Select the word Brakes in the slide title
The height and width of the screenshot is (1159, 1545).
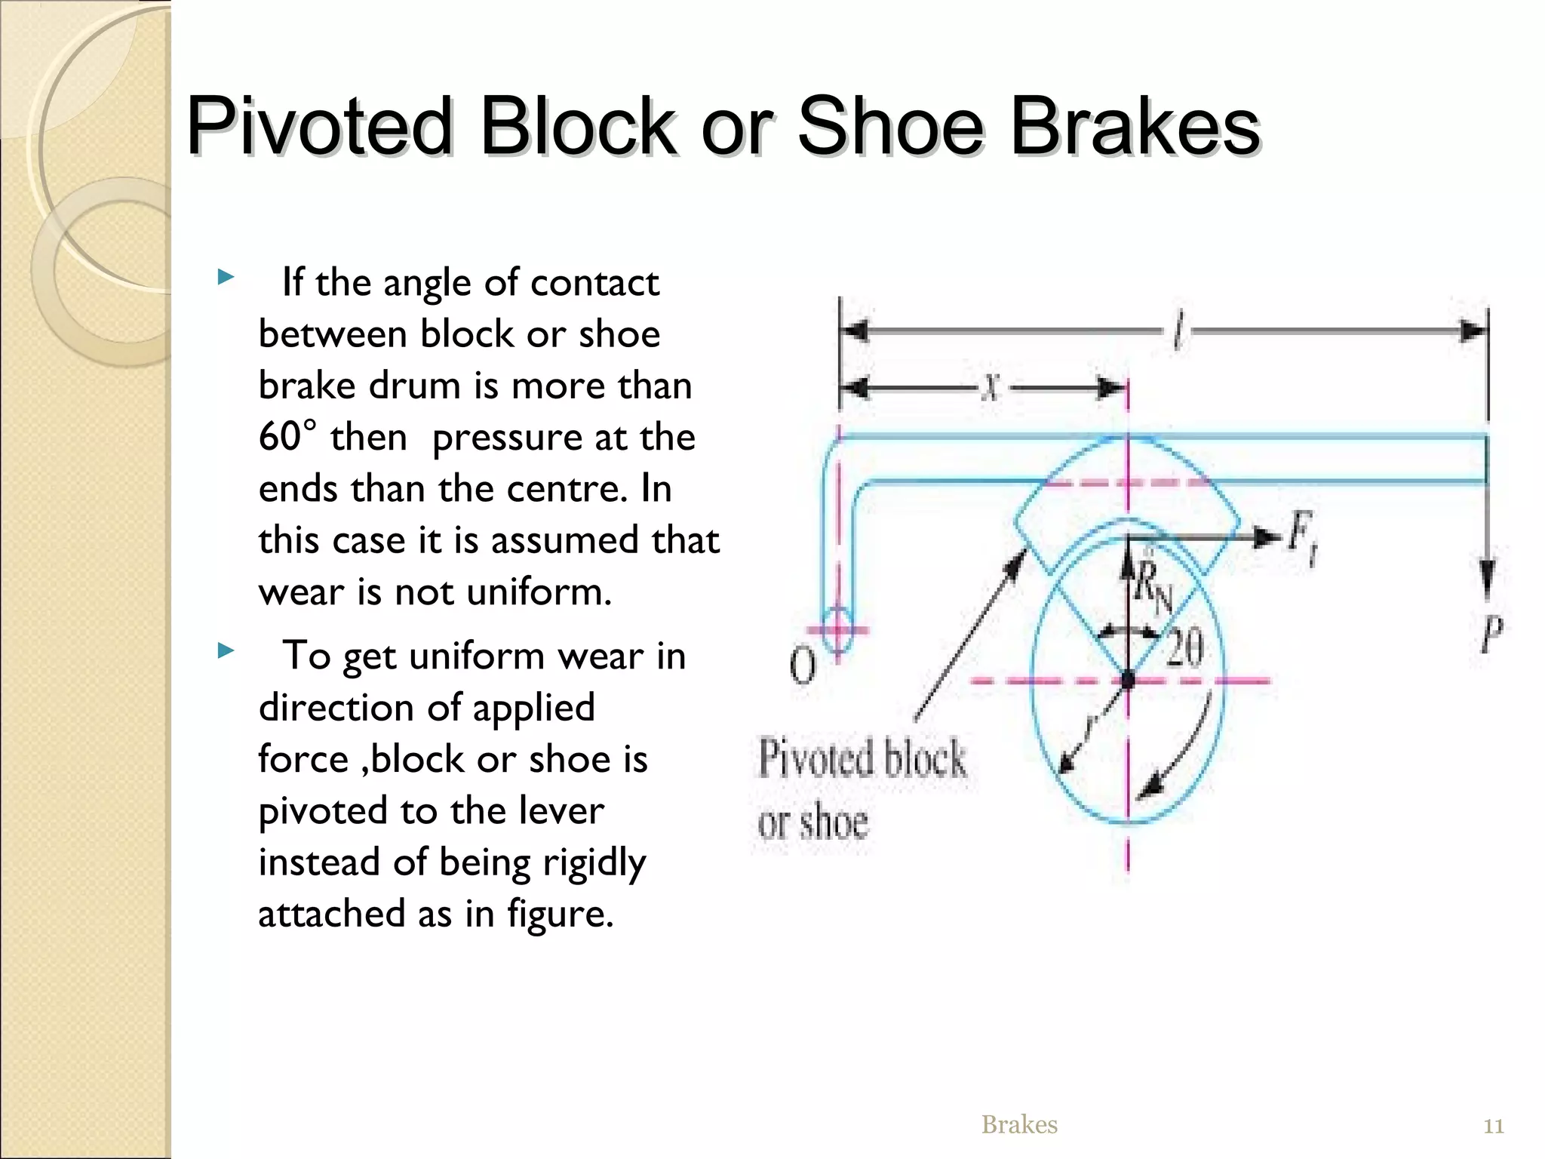(x=1135, y=126)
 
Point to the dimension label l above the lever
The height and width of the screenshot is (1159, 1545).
(x=1178, y=332)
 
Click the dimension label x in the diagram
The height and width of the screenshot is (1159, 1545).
(x=991, y=389)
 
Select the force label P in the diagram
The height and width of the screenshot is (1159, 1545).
(x=1490, y=635)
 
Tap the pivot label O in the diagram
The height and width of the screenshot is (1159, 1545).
(x=803, y=666)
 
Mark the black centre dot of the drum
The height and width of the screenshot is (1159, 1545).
(x=1128, y=681)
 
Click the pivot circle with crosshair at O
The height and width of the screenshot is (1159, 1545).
(x=837, y=629)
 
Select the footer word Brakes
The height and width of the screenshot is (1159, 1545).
(x=1019, y=1125)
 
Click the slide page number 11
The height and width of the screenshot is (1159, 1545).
(x=1494, y=1127)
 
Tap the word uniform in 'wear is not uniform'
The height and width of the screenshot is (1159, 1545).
(x=539, y=592)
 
